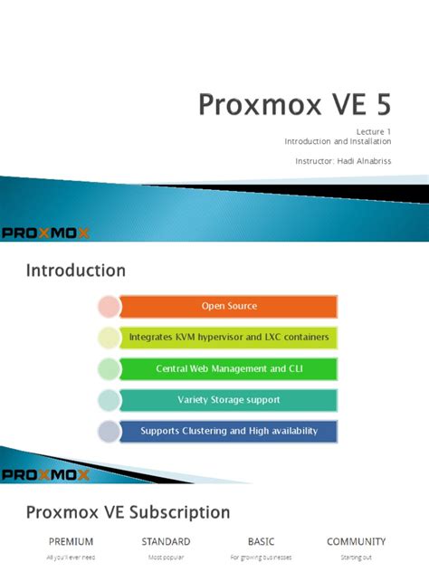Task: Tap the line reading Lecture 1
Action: click(x=371, y=131)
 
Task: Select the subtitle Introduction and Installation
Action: click(x=338, y=142)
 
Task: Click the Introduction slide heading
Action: click(x=75, y=270)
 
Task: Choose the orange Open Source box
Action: click(x=229, y=306)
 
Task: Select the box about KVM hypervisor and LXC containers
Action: click(x=229, y=337)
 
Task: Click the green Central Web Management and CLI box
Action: click(x=229, y=368)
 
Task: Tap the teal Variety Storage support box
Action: click(x=229, y=399)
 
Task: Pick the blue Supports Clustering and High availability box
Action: click(x=229, y=431)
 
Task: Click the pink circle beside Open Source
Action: click(x=108, y=306)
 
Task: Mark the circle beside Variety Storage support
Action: click(x=108, y=399)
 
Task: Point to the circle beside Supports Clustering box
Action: click(x=108, y=431)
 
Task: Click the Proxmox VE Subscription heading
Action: click(x=128, y=512)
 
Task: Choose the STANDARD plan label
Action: click(x=166, y=541)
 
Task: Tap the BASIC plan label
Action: click(x=261, y=541)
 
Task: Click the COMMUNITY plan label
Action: click(x=357, y=541)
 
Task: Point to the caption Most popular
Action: click(x=166, y=558)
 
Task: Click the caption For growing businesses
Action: click(x=261, y=558)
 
